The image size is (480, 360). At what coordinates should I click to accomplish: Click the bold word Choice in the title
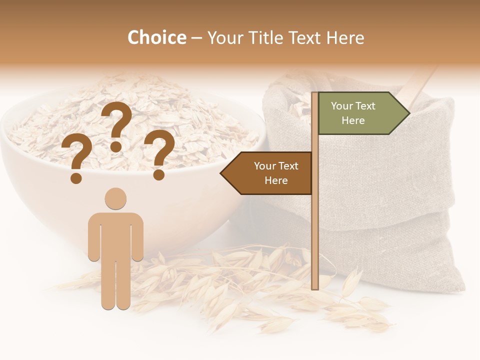tap(156, 38)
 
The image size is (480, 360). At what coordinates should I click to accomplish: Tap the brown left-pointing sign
tap(270, 173)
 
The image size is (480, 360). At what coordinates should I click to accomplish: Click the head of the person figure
tap(115, 198)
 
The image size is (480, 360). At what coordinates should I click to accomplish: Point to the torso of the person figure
tap(115, 235)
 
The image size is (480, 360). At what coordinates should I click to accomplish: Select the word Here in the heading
tap(345, 38)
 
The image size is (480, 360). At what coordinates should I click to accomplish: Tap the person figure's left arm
tap(93, 237)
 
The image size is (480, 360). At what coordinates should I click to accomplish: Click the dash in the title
tap(196, 38)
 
